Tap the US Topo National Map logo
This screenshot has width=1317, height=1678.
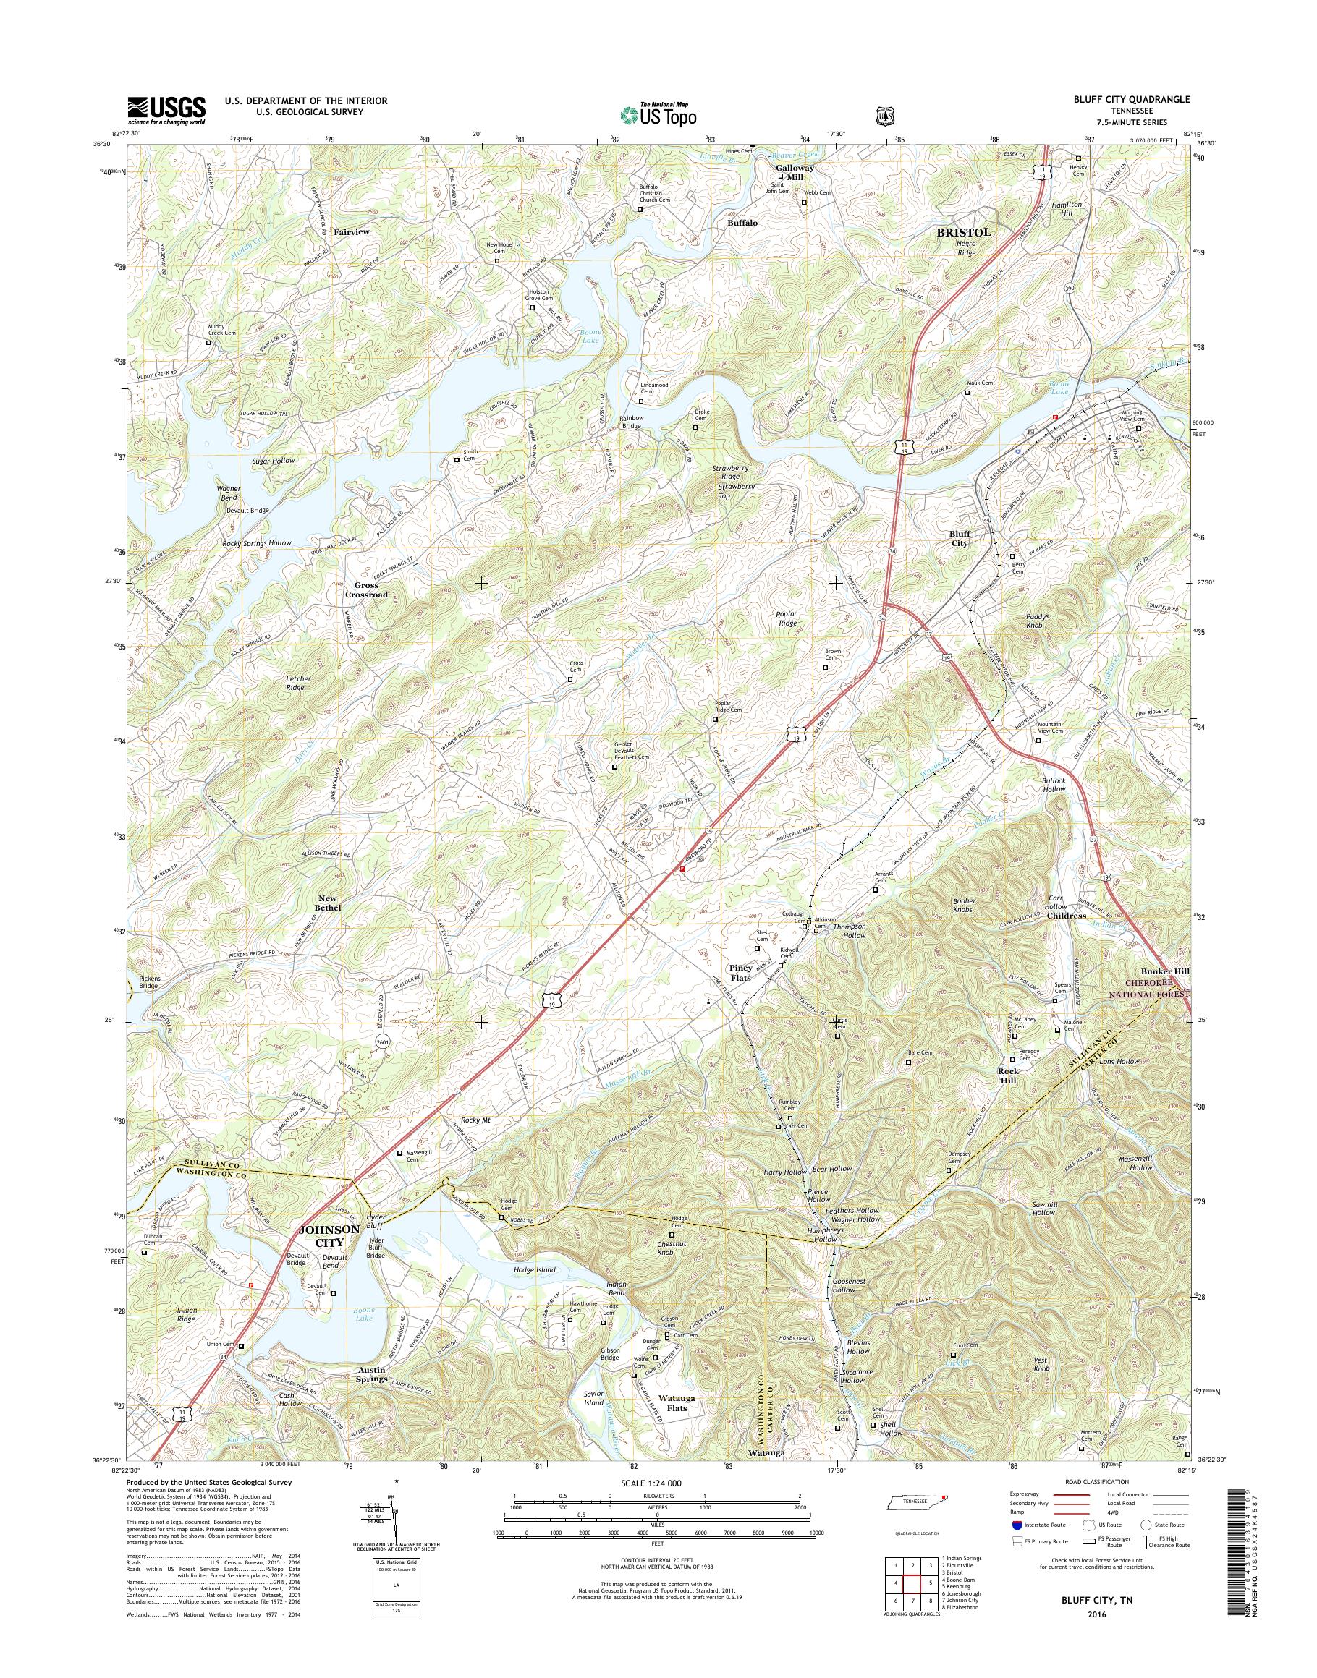tap(658, 114)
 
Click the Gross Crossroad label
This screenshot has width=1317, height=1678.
tap(365, 589)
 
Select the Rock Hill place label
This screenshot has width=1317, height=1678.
tap(1008, 1076)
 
